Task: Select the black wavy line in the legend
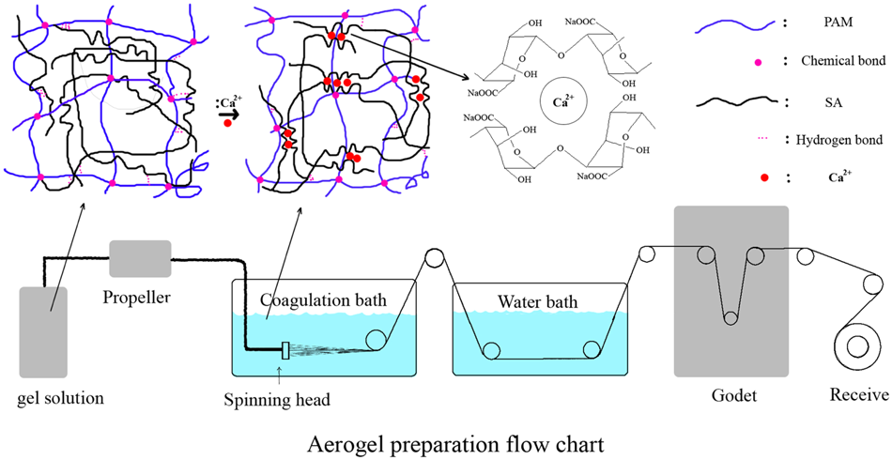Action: coord(731,100)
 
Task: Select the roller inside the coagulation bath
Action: coord(378,341)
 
